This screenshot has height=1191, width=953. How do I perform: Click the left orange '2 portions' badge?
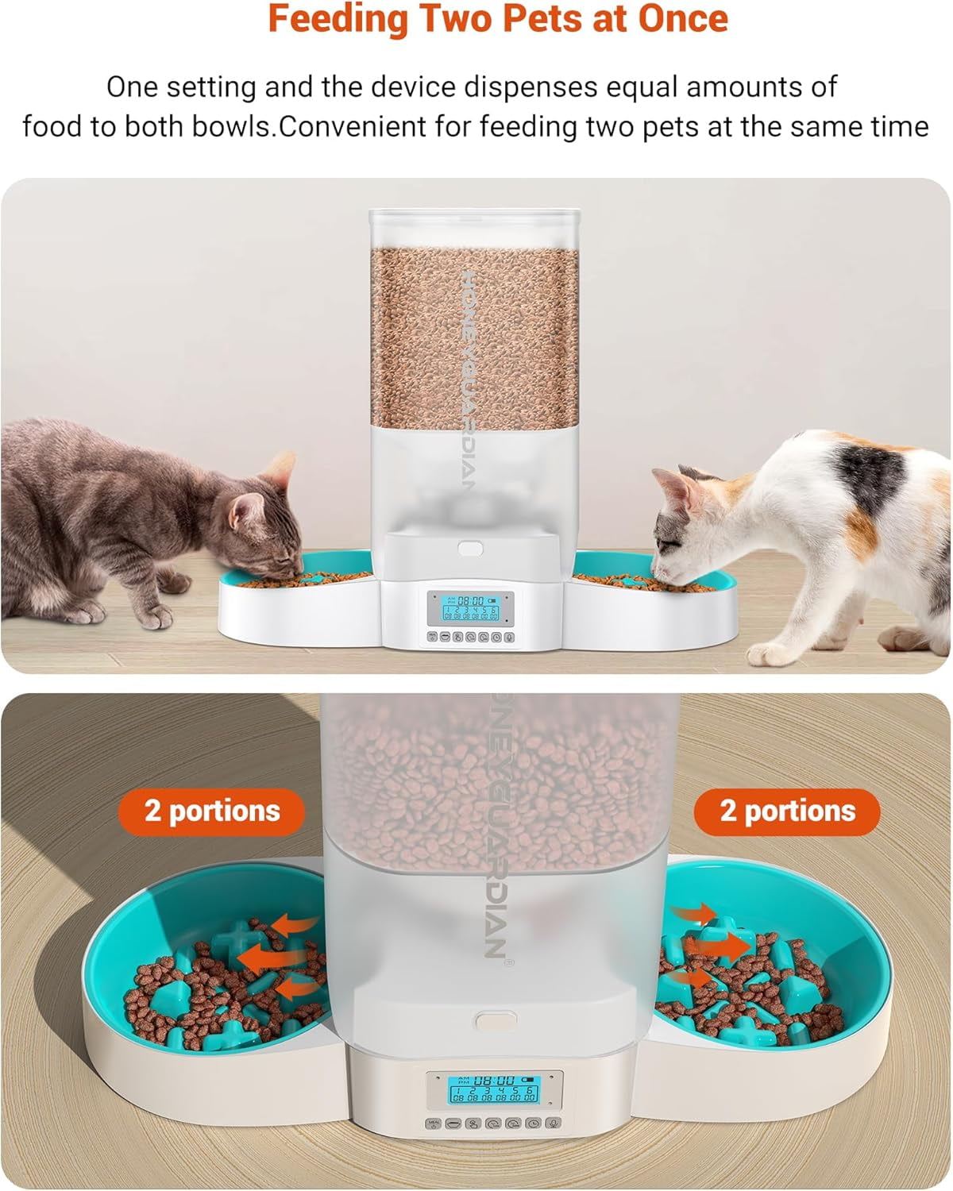tap(212, 811)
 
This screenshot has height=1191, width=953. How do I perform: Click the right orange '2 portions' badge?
tap(787, 811)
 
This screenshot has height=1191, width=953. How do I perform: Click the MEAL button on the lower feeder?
tap(433, 1124)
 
